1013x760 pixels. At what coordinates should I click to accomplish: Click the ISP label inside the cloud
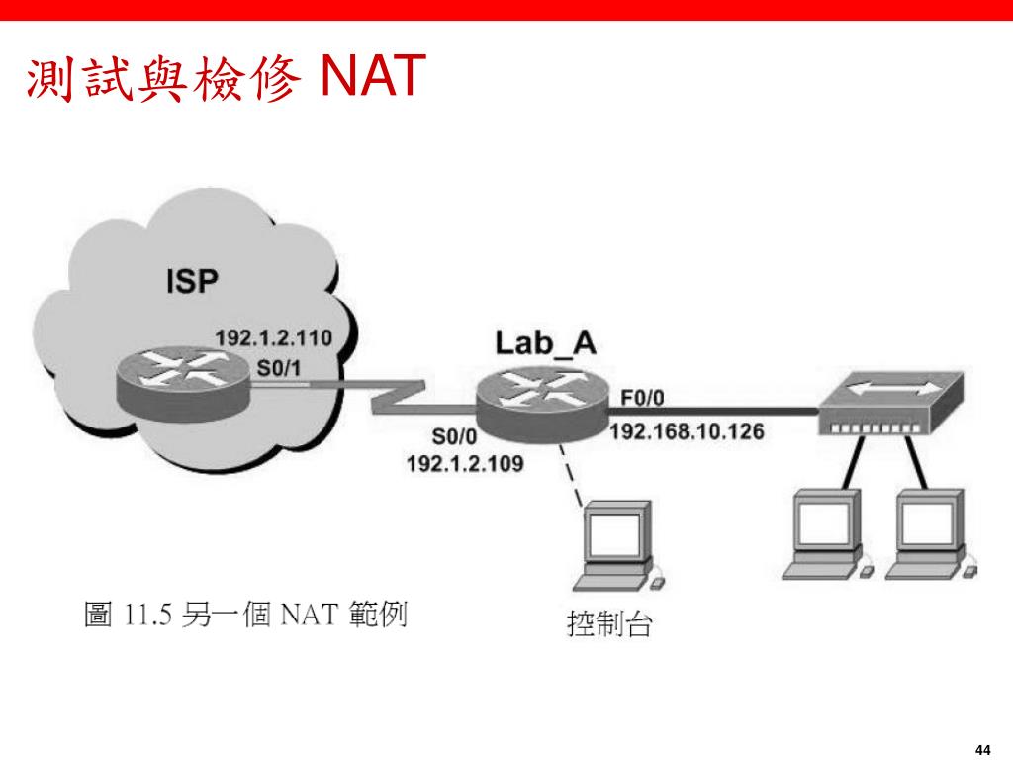pyautogui.click(x=191, y=282)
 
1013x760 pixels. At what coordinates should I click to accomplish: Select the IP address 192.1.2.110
pyautogui.click(x=274, y=337)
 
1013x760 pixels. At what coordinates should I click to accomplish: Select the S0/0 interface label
pyautogui.click(x=454, y=436)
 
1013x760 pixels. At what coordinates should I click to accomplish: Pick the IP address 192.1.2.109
pyautogui.click(x=465, y=462)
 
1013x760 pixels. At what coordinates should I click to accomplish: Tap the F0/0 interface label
pyautogui.click(x=642, y=398)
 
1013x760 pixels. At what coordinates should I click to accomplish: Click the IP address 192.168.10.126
pyautogui.click(x=687, y=433)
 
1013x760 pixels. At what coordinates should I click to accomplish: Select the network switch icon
pyautogui.click(x=886, y=406)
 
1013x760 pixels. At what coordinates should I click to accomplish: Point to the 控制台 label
pyautogui.click(x=608, y=624)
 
